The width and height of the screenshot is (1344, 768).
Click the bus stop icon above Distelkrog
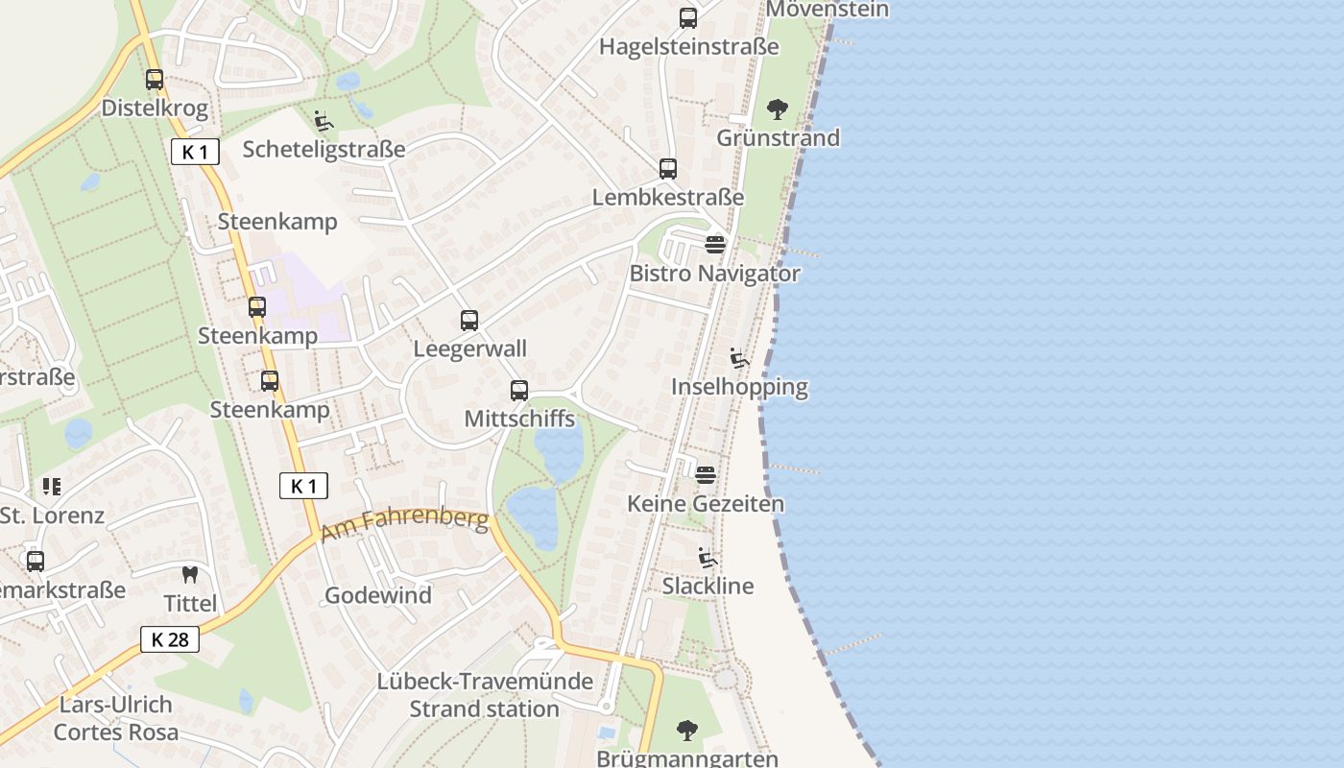coord(155,80)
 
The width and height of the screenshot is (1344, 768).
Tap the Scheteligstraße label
coord(324,149)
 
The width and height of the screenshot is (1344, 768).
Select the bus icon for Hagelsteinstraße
coord(688,18)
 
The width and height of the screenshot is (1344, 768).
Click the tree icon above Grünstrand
coord(778,109)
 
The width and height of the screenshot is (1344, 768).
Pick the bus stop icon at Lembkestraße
coord(668,169)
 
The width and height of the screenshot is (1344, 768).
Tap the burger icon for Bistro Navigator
coord(715,245)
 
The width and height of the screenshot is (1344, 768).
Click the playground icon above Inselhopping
coord(739,359)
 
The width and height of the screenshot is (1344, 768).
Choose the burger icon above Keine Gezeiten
coord(706,475)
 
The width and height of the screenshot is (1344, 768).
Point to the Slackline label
coord(708,586)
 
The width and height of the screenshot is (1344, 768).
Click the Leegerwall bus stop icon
coord(469,321)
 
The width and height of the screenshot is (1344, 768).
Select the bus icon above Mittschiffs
coord(519,391)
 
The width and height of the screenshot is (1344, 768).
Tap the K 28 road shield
coord(170,639)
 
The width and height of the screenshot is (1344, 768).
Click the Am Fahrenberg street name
coord(404,524)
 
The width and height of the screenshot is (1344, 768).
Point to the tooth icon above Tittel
coord(190,575)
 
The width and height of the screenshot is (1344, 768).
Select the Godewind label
coord(377,595)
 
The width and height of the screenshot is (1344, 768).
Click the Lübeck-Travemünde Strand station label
coord(485,695)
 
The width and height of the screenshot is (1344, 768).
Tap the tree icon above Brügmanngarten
coord(686,731)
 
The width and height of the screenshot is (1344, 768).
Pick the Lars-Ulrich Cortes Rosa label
coord(116,718)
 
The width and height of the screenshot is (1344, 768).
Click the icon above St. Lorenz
coord(52,487)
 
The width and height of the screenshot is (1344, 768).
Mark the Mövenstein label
coord(828,10)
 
